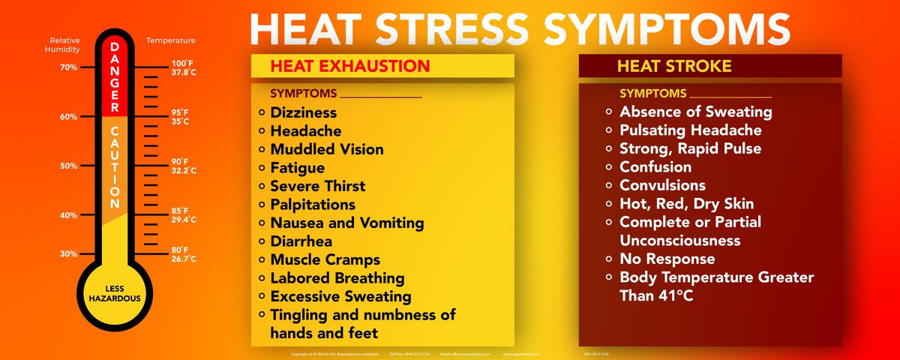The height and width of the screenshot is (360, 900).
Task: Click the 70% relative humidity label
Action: pyautogui.click(x=68, y=67)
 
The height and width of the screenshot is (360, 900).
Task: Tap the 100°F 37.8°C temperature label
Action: pyautogui.click(x=184, y=67)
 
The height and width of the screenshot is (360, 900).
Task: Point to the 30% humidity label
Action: pyautogui.click(x=68, y=253)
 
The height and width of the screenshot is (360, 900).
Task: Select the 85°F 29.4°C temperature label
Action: pyautogui.click(x=184, y=215)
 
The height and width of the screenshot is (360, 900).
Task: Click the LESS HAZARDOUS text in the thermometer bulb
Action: pyautogui.click(x=115, y=292)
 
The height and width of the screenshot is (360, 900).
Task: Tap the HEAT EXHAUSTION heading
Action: pyautogui.click(x=350, y=66)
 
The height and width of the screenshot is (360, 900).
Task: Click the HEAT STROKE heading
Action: pyautogui.click(x=674, y=66)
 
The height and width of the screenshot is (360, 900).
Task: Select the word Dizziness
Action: pyautogui.click(x=304, y=112)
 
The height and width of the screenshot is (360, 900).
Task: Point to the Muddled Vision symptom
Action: pyautogui.click(x=327, y=149)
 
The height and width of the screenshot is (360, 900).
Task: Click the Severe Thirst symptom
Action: pyautogui.click(x=318, y=186)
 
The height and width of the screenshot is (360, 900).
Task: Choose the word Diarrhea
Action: pyautogui.click(x=301, y=241)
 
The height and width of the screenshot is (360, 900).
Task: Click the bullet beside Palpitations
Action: pyautogui.click(x=261, y=205)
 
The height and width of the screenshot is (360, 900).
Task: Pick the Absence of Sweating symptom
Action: pyautogui.click(x=695, y=112)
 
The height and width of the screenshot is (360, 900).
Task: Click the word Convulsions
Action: pyautogui.click(x=662, y=185)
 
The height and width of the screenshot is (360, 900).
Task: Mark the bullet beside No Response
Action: pyautogui.click(x=610, y=259)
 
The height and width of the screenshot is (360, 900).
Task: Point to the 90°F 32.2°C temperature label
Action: pyautogui.click(x=184, y=166)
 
